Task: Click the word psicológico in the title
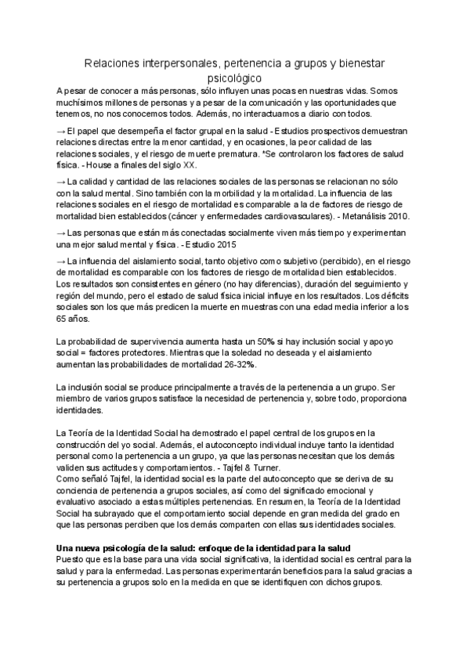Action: coord(236,78)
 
